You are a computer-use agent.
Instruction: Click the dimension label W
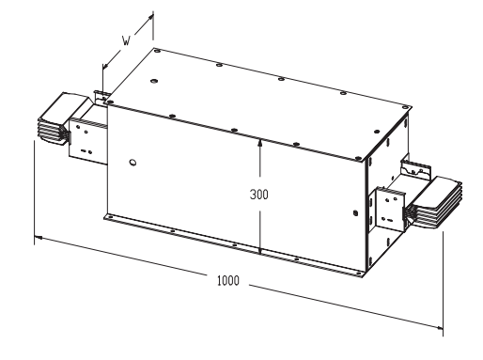(126, 40)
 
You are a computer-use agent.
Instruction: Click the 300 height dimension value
(259, 195)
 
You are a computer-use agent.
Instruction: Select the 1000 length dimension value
(228, 280)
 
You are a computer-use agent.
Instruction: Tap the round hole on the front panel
(132, 163)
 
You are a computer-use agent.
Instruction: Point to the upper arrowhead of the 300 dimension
(259, 143)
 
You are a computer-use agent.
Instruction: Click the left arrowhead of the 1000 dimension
(39, 238)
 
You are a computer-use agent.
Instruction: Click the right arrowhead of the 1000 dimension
(439, 327)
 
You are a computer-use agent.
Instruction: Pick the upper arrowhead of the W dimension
(150, 18)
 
